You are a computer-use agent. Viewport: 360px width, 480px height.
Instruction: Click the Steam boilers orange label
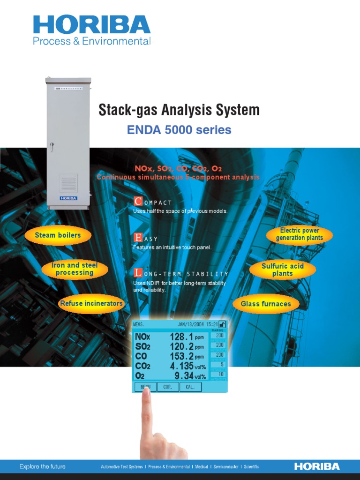point(58,235)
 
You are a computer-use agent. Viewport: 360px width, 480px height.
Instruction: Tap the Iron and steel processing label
point(75,269)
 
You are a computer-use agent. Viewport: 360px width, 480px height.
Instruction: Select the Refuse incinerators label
point(91,303)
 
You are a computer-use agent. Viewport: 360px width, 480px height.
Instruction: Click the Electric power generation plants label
point(300,234)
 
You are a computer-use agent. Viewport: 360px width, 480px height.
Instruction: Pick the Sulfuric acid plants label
point(282,270)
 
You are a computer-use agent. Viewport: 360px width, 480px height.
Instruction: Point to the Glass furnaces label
point(266,304)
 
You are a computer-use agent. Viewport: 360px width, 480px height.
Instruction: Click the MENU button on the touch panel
point(145,387)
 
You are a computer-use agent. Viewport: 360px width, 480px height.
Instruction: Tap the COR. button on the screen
point(168,387)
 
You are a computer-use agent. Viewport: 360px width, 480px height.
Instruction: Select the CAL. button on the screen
point(190,387)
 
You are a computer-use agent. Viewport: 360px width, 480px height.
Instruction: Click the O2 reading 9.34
point(184,375)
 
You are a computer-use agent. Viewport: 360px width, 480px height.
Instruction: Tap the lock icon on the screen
point(222,324)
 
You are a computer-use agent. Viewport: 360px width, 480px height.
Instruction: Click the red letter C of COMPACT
point(137,202)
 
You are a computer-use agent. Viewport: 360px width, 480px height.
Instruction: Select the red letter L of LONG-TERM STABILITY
point(137,273)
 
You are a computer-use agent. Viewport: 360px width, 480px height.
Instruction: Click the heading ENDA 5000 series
point(179,130)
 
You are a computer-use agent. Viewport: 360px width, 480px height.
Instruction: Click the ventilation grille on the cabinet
point(68,183)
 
